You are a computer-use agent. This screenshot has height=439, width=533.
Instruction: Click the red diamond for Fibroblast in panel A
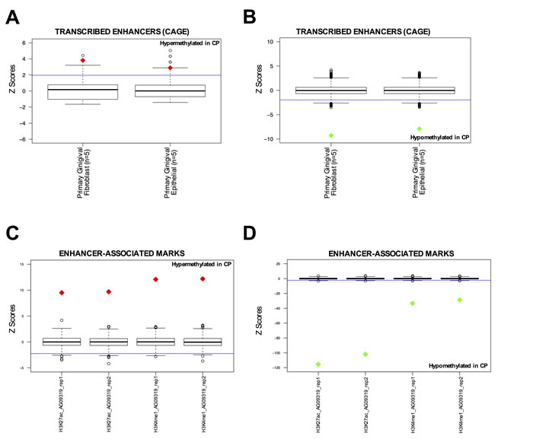coord(83,60)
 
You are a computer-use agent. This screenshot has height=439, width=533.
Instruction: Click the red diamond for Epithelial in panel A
coord(171,68)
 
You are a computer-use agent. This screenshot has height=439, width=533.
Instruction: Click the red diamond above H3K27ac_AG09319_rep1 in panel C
coord(62,293)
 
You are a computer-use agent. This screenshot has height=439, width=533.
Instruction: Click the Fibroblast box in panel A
coord(83,91)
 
